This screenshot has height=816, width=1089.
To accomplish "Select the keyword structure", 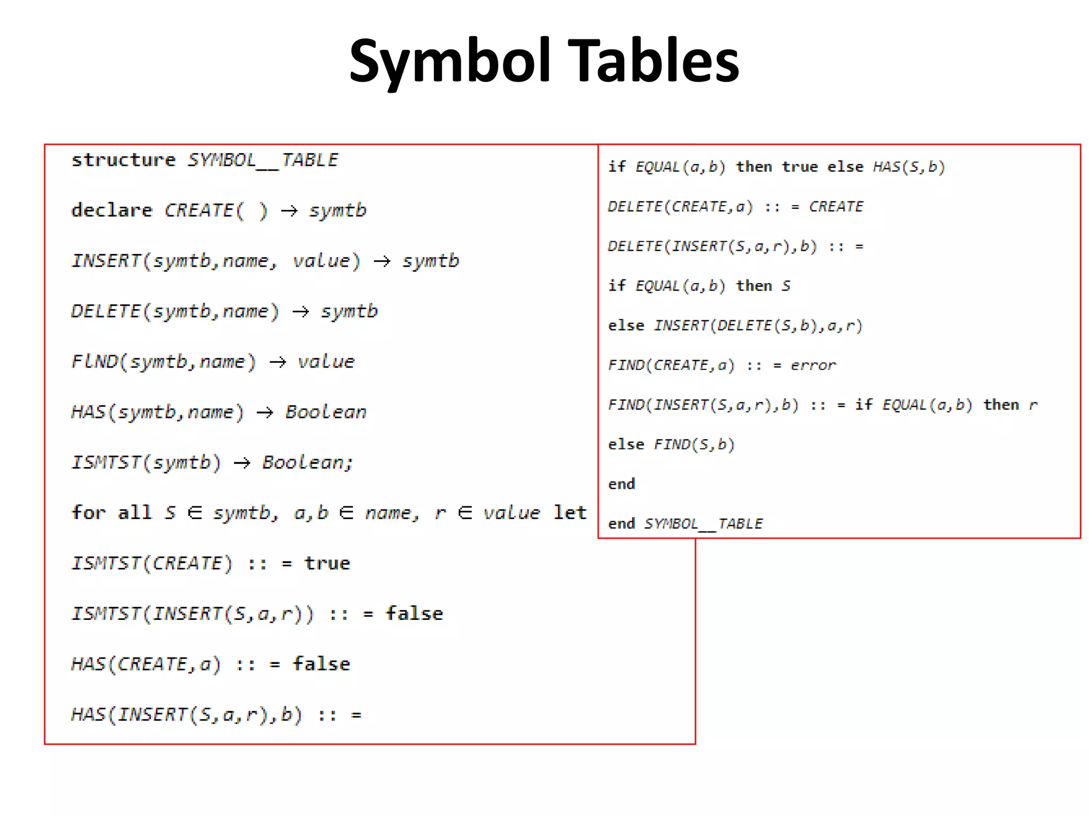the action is click(123, 160).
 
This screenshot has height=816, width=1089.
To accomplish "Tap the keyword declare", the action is click(112, 210).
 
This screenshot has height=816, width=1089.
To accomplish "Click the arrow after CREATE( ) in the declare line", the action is click(289, 211).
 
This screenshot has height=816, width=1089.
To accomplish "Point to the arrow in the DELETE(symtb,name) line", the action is click(300, 311).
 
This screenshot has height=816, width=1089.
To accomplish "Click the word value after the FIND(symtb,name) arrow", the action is click(325, 362).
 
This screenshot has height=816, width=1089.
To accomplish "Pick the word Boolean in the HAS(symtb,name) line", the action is click(325, 412).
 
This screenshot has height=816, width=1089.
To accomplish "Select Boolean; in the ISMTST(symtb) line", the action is click(307, 463).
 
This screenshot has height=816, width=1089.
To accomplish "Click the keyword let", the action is click(569, 513).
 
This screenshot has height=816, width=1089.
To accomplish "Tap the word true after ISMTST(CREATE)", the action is click(327, 563).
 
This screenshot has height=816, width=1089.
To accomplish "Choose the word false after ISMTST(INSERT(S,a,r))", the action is click(414, 614).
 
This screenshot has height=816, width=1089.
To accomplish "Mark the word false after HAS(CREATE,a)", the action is click(322, 664).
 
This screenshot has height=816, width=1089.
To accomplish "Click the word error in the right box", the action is click(813, 365).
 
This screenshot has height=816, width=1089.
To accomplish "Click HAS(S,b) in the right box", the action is click(909, 167).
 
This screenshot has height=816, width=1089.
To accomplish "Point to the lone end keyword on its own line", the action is click(622, 484).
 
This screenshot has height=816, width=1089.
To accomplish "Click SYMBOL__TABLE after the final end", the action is click(703, 524).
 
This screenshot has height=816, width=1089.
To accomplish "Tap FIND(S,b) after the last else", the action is click(694, 444).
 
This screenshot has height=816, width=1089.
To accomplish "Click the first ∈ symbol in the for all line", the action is click(195, 513).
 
